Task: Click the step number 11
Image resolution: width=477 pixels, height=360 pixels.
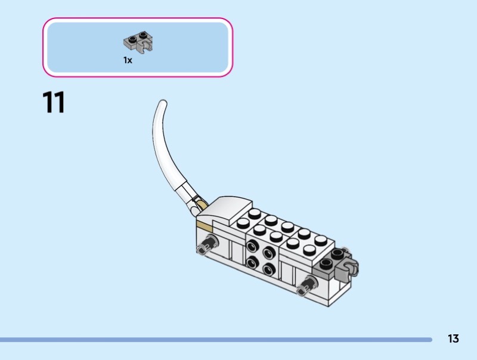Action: pos(54,102)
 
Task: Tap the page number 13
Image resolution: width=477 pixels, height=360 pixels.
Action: pos(453,339)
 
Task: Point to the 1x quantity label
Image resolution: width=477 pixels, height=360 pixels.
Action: pos(128,60)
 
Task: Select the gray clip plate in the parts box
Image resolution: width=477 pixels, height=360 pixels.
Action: pos(138,42)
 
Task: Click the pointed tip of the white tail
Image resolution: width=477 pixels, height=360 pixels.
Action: pos(163,102)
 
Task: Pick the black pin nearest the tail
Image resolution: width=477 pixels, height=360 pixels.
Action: pos(207,244)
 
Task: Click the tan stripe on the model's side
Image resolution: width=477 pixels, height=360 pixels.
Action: pos(205,226)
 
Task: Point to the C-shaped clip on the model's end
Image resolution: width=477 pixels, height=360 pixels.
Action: pos(348,268)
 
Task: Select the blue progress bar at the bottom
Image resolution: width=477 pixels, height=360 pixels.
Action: pos(216,339)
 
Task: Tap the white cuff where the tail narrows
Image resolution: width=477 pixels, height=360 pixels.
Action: pos(186,192)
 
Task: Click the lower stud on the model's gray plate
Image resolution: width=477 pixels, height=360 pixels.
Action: pos(326,263)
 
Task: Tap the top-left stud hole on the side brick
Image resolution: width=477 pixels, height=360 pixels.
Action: pos(252,245)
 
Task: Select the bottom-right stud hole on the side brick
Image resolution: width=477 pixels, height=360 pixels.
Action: pos(269,269)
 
